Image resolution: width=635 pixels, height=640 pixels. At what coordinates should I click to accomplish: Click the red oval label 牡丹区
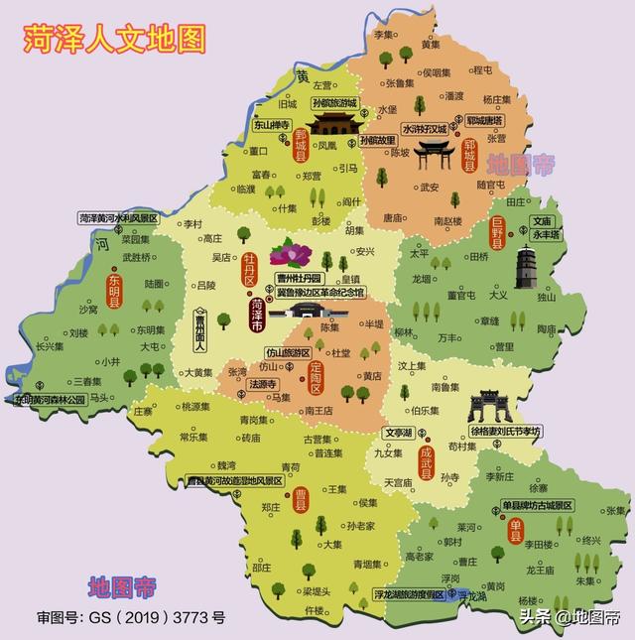point(250,269)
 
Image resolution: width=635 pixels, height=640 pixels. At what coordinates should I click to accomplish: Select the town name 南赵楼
point(448,220)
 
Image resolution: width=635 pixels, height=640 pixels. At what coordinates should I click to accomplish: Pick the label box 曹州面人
point(199,330)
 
